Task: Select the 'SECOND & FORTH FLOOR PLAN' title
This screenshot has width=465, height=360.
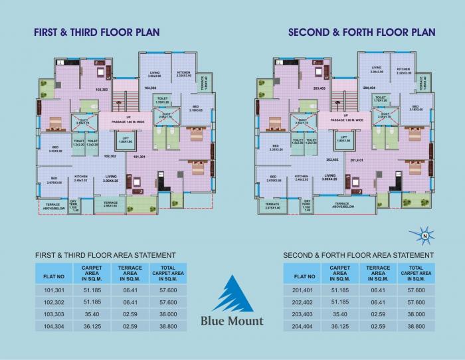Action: [x=362, y=31]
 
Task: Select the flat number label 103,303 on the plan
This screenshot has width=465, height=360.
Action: [x=102, y=89]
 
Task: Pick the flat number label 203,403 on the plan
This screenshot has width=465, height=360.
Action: [x=319, y=88]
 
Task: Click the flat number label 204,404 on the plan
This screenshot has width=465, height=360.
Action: [x=369, y=88]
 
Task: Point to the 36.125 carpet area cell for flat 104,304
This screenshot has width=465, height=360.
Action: [x=91, y=327]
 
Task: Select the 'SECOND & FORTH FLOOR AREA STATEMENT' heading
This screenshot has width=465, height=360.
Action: [x=358, y=255]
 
